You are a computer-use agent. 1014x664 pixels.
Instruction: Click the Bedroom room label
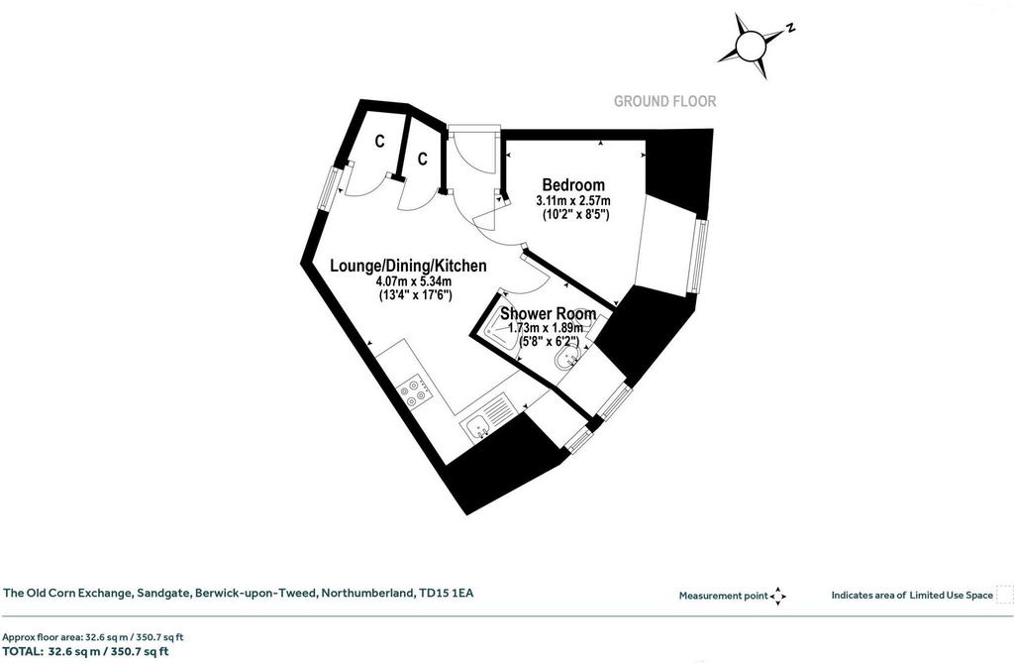[573, 185]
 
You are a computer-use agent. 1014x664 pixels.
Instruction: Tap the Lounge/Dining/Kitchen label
[408, 266]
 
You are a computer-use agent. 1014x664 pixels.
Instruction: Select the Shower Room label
[549, 314]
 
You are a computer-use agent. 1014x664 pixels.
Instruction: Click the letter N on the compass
[789, 28]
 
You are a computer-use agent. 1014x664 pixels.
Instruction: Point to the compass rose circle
[751, 46]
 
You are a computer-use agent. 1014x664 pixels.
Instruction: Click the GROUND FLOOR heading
[664, 102]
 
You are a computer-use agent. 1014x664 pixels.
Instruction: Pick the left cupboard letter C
[379, 141]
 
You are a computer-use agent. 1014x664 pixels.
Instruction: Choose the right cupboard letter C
[422, 159]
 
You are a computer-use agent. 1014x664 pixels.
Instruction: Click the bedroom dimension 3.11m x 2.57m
[573, 201]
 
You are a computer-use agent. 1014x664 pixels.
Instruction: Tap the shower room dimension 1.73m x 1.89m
[546, 329]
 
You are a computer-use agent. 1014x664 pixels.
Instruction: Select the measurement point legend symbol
[778, 596]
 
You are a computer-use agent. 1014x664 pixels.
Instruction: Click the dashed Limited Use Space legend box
[1005, 594]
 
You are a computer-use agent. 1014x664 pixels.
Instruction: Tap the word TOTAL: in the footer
[24, 652]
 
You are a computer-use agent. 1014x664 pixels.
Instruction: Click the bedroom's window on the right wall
[697, 256]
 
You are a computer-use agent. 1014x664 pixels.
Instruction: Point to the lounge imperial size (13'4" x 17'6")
[415, 295]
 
